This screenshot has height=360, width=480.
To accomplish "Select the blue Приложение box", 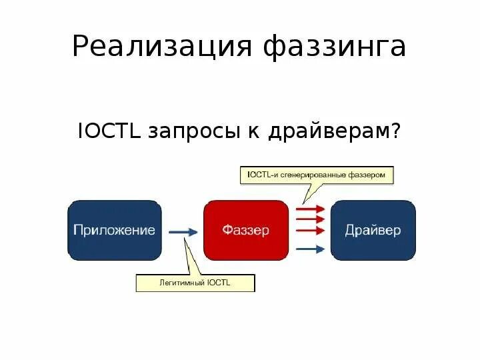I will pyautogui.click(x=115, y=231).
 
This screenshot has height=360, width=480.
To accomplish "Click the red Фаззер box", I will pyautogui.click(x=245, y=231).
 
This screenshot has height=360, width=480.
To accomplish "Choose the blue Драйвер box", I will pyautogui.click(x=373, y=231).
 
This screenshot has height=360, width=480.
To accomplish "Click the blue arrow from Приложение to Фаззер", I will pyautogui.click(x=183, y=232).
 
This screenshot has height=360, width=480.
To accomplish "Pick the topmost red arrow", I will pyautogui.click(x=309, y=209).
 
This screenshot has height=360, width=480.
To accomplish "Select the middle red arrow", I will pyautogui.click(x=309, y=219).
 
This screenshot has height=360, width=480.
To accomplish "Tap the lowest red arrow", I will pyautogui.click(x=309, y=231).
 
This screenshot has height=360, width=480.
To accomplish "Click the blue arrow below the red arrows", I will pyautogui.click(x=309, y=249).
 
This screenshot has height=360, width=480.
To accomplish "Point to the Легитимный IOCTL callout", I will pyautogui.click(x=195, y=283).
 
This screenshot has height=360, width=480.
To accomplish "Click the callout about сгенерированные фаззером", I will pyautogui.click(x=316, y=175).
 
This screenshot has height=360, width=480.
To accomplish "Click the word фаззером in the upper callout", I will pyautogui.click(x=369, y=175).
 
